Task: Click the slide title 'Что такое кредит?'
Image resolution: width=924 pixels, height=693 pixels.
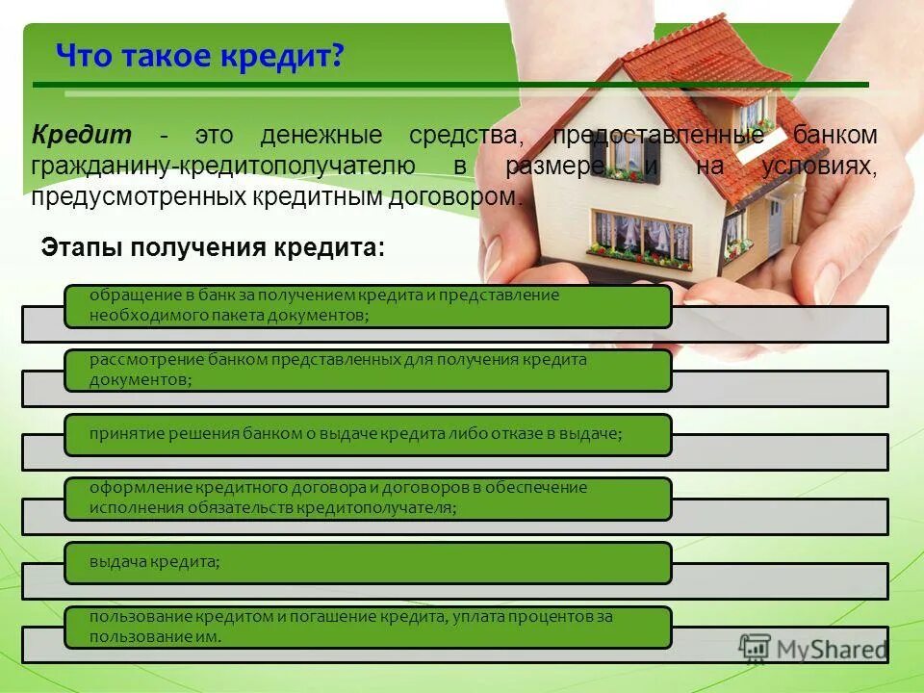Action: (200, 57)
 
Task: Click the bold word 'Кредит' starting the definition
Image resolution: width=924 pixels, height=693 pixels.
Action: (81, 135)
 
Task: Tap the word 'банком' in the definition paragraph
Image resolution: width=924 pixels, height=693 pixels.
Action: (836, 135)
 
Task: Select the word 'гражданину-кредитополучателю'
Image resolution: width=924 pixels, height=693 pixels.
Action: (223, 166)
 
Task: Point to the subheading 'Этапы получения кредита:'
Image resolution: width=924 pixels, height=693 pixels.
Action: (213, 247)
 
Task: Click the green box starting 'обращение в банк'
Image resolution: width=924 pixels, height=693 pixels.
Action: (368, 306)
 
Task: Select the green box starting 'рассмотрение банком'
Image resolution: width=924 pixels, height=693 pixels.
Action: (368, 371)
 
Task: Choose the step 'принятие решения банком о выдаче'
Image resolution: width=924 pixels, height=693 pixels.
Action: (368, 435)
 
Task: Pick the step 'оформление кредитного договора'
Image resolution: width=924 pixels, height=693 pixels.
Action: (368, 499)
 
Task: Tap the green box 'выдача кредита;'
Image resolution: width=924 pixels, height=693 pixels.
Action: (368, 562)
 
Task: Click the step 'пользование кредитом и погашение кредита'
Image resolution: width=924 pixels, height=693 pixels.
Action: (368, 627)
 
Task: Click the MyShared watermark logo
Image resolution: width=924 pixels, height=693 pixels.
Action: (813, 649)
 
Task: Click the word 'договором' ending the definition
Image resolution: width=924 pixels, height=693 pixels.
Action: (462, 197)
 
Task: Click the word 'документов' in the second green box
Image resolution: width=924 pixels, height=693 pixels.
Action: (139, 380)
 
